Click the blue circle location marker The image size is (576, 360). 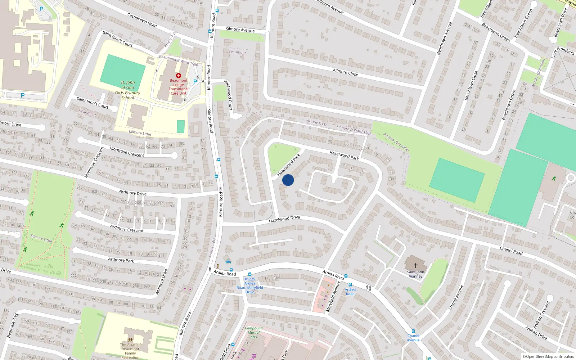tap(288, 180)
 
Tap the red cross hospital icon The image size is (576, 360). tap(178, 76)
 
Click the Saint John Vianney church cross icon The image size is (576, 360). tap(415, 266)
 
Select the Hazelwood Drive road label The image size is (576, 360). tap(284, 219)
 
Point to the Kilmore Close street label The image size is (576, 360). tap(345, 72)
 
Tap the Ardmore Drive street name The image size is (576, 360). tap(133, 193)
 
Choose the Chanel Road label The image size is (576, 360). tap(511, 251)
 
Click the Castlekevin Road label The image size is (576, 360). tap(142, 20)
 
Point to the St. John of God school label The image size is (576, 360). tap(127, 90)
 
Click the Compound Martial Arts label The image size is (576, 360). tap(253, 332)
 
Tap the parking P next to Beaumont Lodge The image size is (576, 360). tap(195, 82)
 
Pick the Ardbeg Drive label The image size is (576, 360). tap(536, 333)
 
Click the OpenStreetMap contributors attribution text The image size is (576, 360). tap(548, 356)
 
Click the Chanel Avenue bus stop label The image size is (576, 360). tap(413, 338)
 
